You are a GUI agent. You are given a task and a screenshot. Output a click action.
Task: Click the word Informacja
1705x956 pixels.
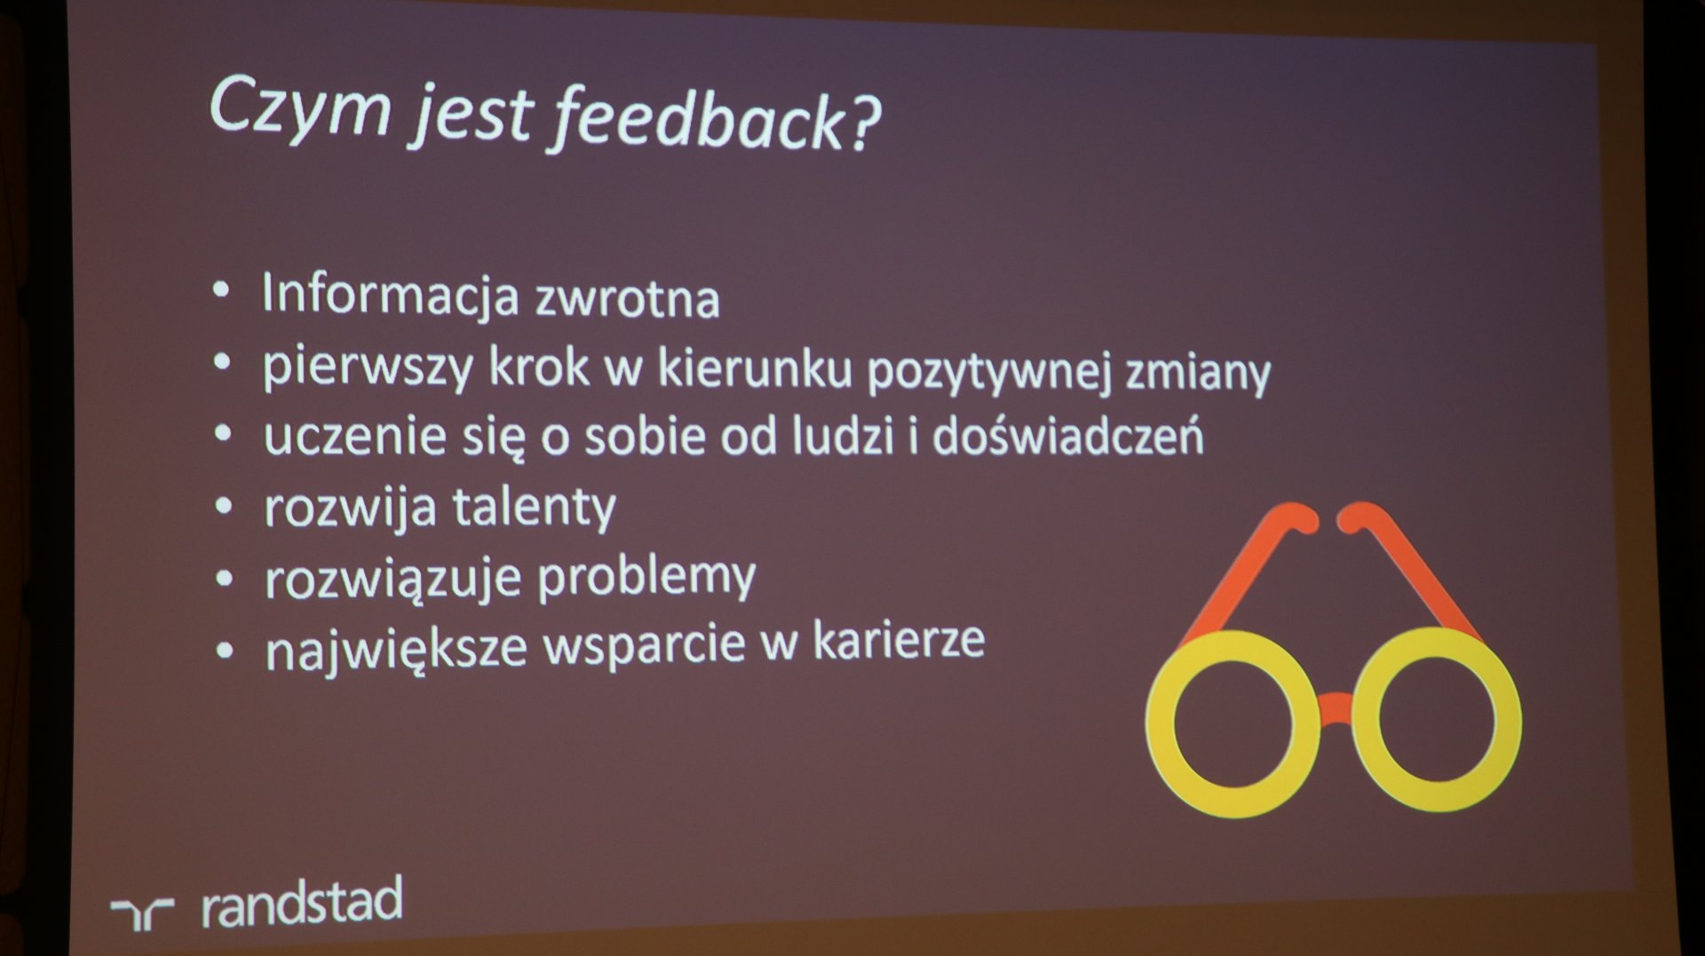pyautogui.click(x=390, y=295)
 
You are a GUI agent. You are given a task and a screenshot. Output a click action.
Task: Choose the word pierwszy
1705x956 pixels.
pyautogui.click(x=368, y=367)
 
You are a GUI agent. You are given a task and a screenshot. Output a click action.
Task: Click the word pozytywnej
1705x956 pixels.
pyautogui.click(x=989, y=371)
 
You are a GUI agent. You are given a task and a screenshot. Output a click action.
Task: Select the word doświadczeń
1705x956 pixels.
pyautogui.click(x=1068, y=434)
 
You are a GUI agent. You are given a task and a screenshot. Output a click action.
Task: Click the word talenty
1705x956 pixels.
pyautogui.click(x=535, y=508)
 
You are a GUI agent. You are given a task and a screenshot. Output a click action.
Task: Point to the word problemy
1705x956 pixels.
pyautogui.click(x=646, y=578)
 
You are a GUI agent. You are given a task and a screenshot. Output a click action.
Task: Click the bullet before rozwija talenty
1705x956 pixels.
pyautogui.click(x=224, y=507)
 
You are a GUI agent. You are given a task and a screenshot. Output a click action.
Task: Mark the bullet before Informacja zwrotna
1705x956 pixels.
pyautogui.click(x=221, y=289)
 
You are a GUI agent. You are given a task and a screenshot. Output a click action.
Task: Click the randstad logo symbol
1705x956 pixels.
pyautogui.click(x=142, y=913)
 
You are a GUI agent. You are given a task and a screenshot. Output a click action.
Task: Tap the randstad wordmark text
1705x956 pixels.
pyautogui.click(x=302, y=903)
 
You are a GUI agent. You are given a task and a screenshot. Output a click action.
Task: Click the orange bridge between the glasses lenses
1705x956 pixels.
pyautogui.click(x=1335, y=708)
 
